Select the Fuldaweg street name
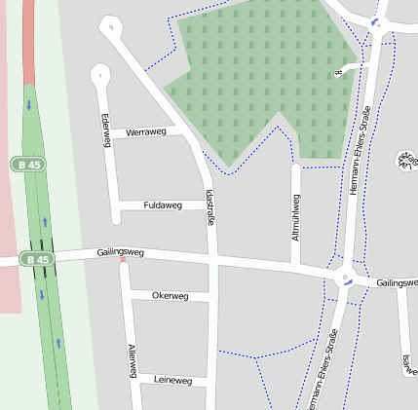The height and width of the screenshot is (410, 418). tap(163, 205)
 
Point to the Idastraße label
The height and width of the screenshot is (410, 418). tap(211, 206)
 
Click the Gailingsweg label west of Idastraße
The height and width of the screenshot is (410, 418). tap(121, 252)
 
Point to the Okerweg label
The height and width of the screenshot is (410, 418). tap(171, 295)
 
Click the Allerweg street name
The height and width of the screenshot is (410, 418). tap(132, 362)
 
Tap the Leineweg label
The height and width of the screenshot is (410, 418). tap(173, 381)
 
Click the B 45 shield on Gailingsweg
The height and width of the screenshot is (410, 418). tap(37, 260)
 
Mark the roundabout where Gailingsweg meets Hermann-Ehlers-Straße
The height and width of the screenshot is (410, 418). tap(344, 278)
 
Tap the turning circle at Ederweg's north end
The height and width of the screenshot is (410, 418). tap(98, 73)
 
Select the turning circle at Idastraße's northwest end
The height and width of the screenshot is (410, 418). tap(112, 25)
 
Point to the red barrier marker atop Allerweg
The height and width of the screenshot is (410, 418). tap(123, 260)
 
